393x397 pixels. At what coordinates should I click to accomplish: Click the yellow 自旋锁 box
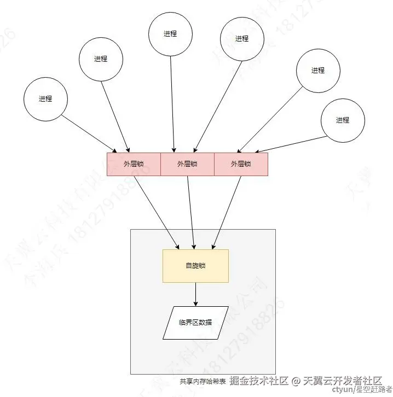[x=195, y=266]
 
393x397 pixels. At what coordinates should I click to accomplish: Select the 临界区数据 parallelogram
[x=195, y=323]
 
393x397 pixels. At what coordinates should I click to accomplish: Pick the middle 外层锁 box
[x=187, y=164]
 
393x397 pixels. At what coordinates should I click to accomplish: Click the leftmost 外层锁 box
[x=134, y=164]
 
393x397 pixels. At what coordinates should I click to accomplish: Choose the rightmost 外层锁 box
[x=241, y=164]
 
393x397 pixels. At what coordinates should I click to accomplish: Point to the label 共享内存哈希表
[x=203, y=381]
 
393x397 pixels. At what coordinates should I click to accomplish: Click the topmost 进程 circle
[x=170, y=33]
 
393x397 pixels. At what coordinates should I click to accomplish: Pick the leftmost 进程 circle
[x=45, y=99]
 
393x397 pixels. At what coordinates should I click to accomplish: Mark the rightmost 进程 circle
[x=343, y=120]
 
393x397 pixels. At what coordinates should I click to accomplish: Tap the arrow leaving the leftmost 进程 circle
[x=90, y=134]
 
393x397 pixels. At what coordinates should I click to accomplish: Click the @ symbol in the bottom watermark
[x=296, y=381]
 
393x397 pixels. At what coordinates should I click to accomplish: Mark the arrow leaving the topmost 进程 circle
[x=172, y=104]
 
